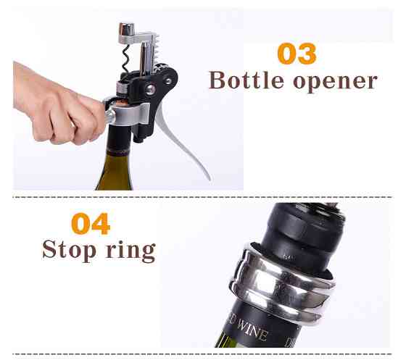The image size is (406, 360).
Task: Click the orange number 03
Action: [297, 54]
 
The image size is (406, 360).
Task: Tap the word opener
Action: [335, 82]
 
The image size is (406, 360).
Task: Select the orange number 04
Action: [91, 224]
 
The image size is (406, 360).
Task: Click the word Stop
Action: [69, 249]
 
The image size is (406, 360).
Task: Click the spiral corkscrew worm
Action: [125, 59]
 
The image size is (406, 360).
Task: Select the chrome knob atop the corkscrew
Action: [126, 29]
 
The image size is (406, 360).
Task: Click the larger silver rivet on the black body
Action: [151, 89]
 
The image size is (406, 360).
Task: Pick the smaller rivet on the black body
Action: [168, 81]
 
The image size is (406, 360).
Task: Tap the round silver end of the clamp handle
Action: [109, 116]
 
